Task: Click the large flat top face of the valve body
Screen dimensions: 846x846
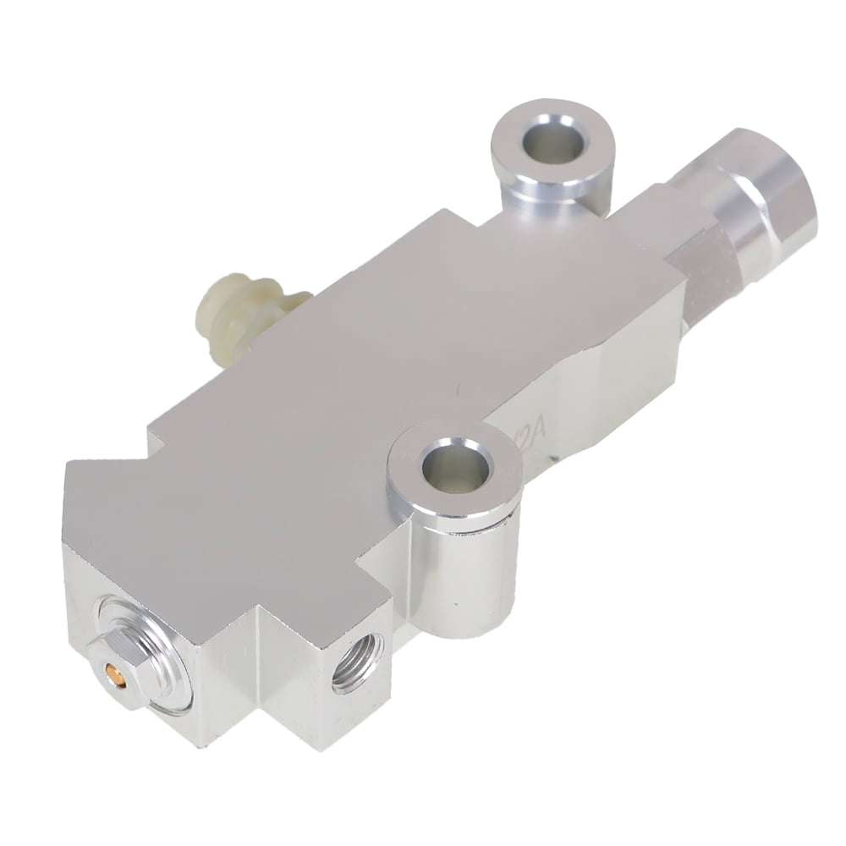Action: coord(381,355)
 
